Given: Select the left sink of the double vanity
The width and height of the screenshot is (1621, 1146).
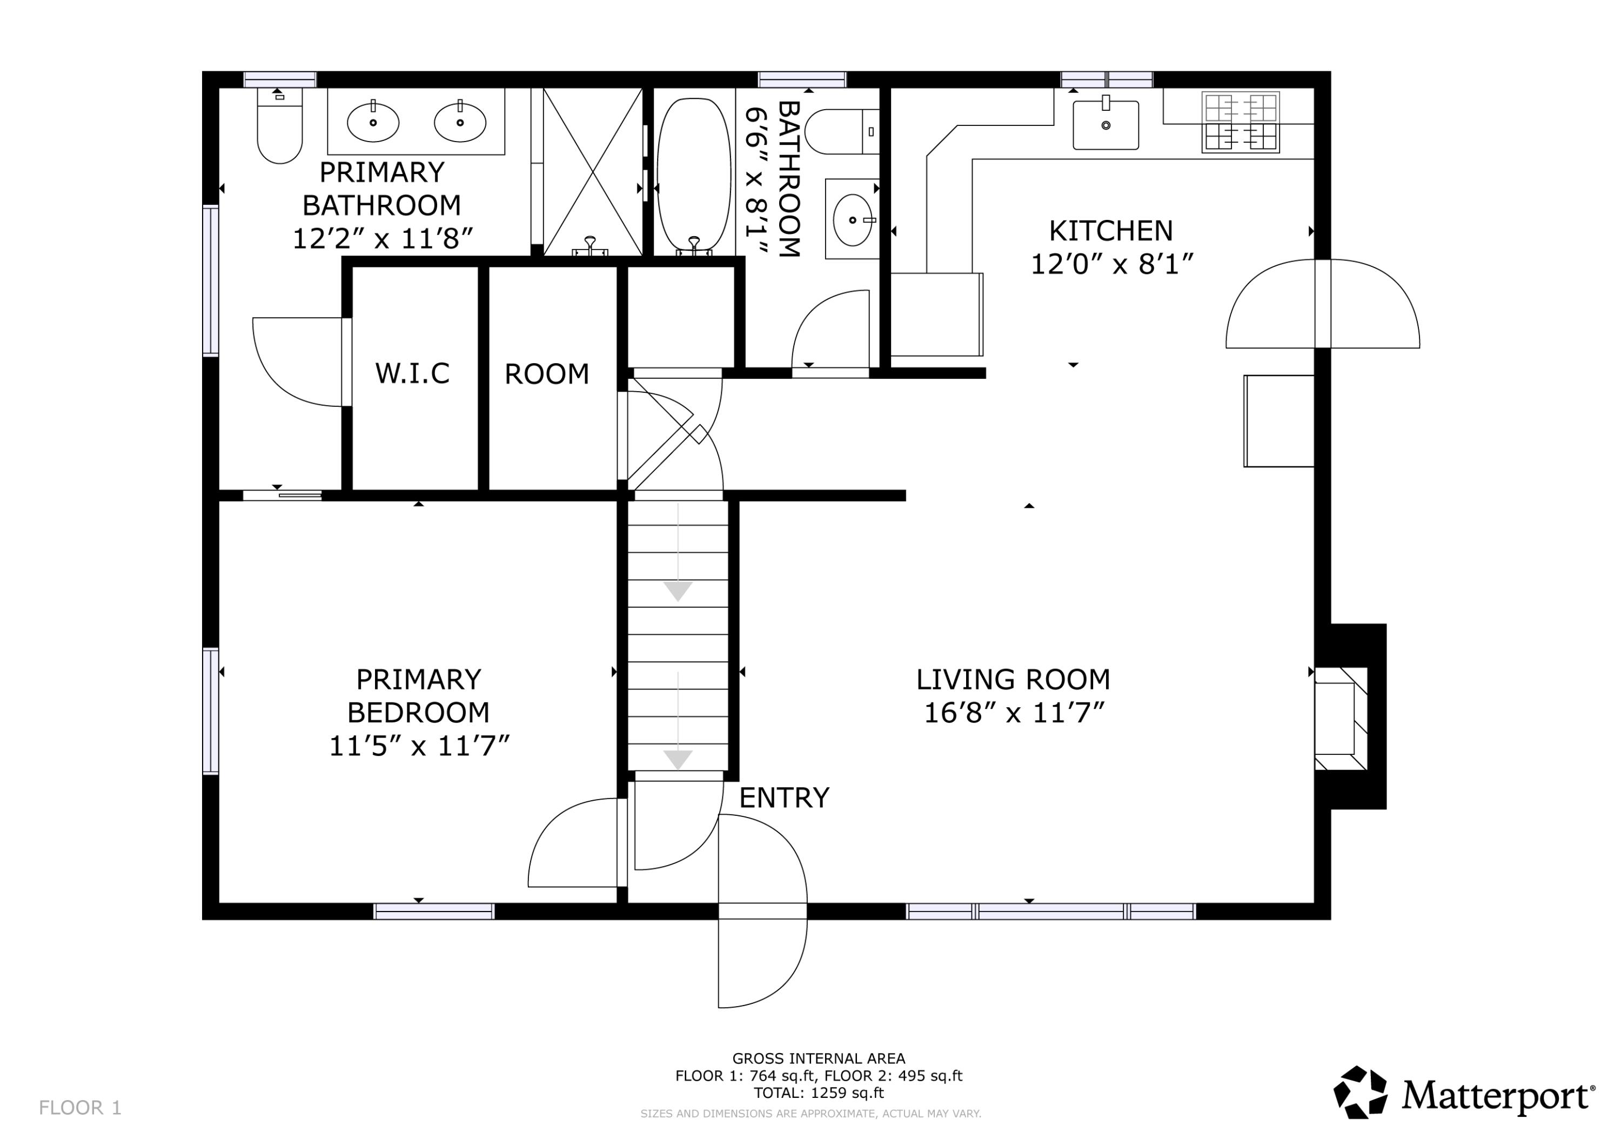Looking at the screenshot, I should point(373,122).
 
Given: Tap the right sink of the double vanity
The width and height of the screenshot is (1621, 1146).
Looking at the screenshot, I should point(460,122).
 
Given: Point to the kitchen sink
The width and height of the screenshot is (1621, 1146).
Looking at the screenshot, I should point(1106,125).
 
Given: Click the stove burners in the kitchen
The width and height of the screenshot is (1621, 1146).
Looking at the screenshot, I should point(1241,122).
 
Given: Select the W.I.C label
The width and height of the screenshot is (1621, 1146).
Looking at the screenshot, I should point(412,373).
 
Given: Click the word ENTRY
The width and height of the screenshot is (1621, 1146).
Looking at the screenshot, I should point(783,798).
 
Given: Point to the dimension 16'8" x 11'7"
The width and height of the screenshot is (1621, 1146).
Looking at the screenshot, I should point(1013,713).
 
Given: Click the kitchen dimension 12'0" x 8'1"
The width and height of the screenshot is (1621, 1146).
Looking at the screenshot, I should point(1111,265).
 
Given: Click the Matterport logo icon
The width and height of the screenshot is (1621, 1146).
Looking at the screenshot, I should point(1360,1093).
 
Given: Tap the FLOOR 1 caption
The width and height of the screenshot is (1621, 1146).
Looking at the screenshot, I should point(81,1108).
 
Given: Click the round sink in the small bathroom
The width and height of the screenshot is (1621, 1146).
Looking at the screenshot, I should point(852,220).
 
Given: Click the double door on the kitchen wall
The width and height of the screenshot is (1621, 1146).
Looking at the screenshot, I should point(1322,304).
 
